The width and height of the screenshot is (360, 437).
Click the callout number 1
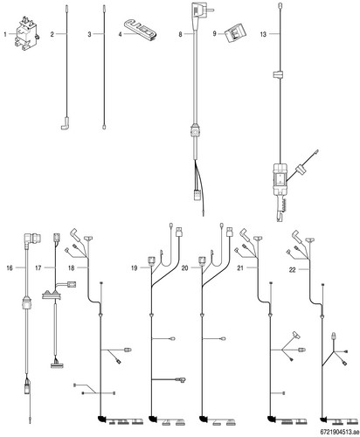coord(5,34)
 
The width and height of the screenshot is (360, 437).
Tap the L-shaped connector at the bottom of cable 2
coord(65,123)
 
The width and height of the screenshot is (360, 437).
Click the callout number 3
coord(89,34)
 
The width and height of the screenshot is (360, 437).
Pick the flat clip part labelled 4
coord(139,30)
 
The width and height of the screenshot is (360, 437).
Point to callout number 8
coord(180,34)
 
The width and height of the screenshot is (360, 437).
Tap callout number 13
coord(263,34)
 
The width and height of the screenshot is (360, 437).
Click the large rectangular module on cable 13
coord(280,178)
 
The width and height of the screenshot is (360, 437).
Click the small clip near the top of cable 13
coord(279,74)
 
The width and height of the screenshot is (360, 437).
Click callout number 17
coord(38,267)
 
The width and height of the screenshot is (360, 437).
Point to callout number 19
coord(134,268)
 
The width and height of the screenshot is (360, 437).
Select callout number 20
coord(185,268)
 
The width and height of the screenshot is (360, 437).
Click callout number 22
coord(292,270)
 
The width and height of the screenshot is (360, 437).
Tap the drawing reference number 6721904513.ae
coord(338,432)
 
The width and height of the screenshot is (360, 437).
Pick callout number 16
coord(10,267)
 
